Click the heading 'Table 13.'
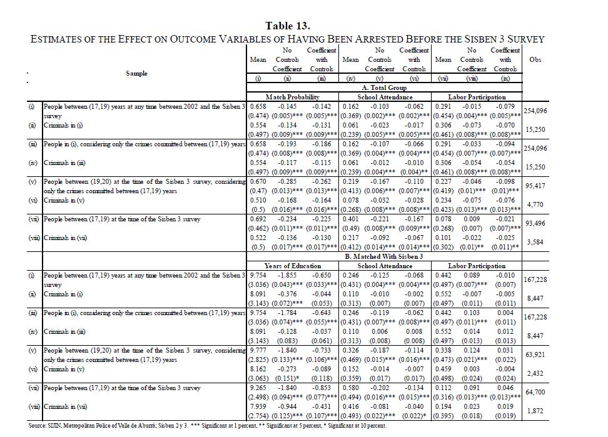click(288, 26)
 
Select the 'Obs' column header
click(535, 59)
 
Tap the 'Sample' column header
click(136, 73)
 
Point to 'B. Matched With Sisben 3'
click(385, 256)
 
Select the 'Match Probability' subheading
click(293, 98)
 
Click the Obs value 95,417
click(535, 185)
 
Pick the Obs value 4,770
click(535, 204)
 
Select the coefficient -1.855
click(287, 274)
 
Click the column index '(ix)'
click(506, 80)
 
